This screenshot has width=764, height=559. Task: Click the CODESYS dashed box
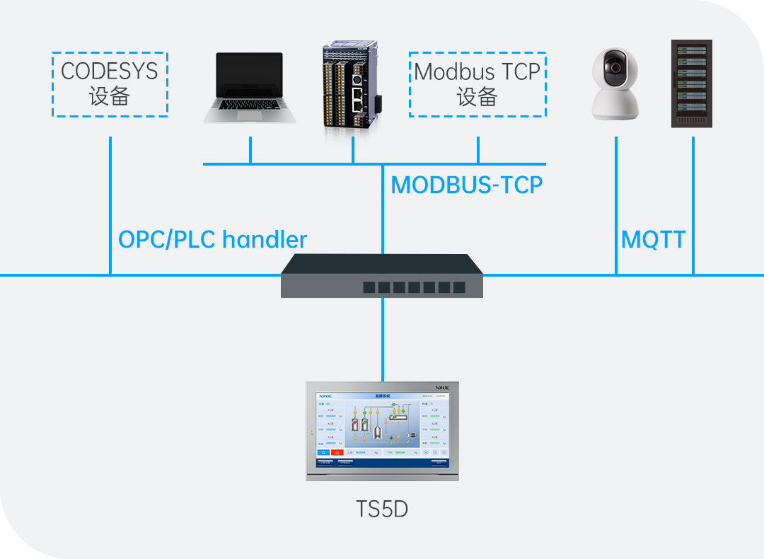[x=110, y=84]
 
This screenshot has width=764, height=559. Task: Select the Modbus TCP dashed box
[x=477, y=84]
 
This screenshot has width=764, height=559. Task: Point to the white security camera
[x=615, y=83]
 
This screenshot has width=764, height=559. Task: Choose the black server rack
[x=691, y=83]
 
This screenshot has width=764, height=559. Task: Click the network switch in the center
[x=382, y=276]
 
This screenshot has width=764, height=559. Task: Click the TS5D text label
[x=382, y=509]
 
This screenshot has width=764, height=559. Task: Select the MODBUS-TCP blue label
[x=467, y=185]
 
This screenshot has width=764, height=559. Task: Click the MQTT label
[x=653, y=240]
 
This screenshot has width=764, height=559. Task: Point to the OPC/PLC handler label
[x=212, y=240]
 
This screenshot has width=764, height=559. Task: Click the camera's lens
[x=614, y=68]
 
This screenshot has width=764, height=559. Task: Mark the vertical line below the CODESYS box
[x=110, y=205]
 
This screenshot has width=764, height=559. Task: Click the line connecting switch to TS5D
[x=382, y=340]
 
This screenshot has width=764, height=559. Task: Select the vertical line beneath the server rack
[x=693, y=205]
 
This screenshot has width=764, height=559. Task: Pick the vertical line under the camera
[x=616, y=205]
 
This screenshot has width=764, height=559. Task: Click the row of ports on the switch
[x=414, y=287]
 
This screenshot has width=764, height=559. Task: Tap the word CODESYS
[x=110, y=71]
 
